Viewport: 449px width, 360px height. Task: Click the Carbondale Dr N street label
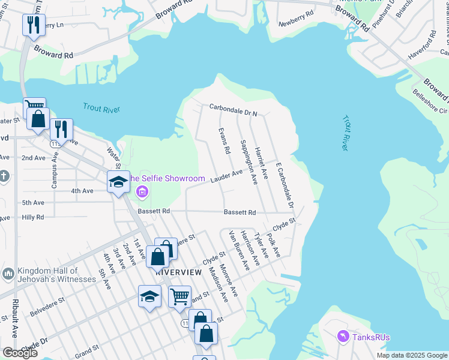click(x=233, y=109)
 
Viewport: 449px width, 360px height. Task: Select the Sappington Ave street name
click(x=248, y=162)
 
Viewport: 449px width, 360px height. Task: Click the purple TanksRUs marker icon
click(x=343, y=337)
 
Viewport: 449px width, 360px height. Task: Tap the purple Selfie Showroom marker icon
click(x=142, y=192)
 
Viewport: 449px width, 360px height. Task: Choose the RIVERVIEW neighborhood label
click(x=178, y=272)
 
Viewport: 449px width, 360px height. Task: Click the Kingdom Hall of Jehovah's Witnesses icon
click(x=8, y=274)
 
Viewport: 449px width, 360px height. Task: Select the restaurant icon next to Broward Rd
click(x=32, y=25)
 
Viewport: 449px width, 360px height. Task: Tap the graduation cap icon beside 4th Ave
click(x=118, y=182)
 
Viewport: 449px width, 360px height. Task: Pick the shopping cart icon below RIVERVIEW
click(x=179, y=296)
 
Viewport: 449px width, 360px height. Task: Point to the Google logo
click(x=20, y=353)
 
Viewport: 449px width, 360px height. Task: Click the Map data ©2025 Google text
click(x=411, y=355)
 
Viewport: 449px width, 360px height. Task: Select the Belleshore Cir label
click(x=430, y=101)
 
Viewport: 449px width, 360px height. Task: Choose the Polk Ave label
click(x=274, y=246)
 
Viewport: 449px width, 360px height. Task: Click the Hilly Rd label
click(x=32, y=218)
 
